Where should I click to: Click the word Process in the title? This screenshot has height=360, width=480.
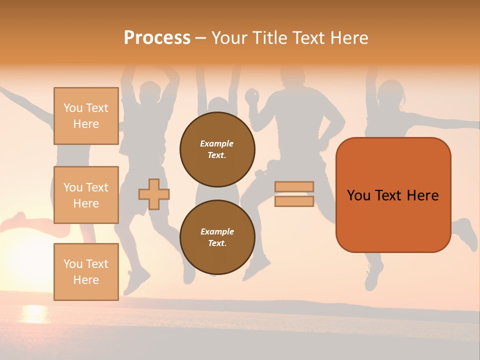tap(157, 38)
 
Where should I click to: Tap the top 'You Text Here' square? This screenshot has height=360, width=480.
tap(86, 116)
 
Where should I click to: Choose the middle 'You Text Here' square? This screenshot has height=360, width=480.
tap(86, 195)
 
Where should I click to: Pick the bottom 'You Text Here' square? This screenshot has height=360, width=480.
tap(86, 272)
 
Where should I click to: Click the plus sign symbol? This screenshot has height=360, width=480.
tap(154, 194)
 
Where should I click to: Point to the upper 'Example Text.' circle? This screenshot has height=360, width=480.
tap(217, 149)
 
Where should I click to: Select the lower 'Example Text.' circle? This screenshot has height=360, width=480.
tap(217, 237)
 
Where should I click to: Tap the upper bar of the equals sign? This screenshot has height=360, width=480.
tap(294, 186)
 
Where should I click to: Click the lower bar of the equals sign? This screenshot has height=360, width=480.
tap(294, 201)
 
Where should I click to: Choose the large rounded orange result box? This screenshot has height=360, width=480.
tap(393, 195)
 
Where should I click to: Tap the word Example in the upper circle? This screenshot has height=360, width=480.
tap(216, 143)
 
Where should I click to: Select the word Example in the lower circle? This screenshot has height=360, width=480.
tap(217, 231)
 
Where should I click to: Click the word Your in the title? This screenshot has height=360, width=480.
tap(229, 38)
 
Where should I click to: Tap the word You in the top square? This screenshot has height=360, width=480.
tap(73, 108)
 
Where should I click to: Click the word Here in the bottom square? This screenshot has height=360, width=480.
tap(86, 280)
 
